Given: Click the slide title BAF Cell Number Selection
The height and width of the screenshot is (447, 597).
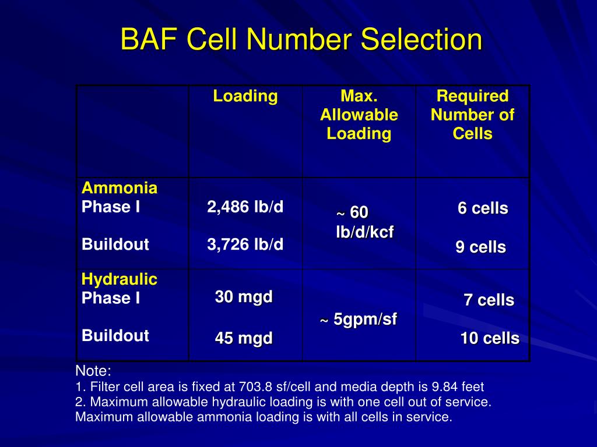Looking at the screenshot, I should click(x=301, y=41).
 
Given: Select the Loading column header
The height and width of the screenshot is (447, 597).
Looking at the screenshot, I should click(x=245, y=96).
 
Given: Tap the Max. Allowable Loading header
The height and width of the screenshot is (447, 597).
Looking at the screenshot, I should click(x=359, y=115).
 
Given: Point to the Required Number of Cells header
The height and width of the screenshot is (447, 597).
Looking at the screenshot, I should click(x=472, y=115).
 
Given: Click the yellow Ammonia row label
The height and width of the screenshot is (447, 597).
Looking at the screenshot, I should click(x=120, y=188).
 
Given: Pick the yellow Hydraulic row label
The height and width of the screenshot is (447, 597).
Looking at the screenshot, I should click(x=120, y=279).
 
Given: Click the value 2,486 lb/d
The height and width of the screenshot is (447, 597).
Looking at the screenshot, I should click(x=245, y=207).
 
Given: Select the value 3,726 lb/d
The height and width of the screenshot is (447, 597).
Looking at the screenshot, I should click(x=245, y=244).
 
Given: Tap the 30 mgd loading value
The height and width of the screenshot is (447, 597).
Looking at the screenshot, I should click(x=244, y=297).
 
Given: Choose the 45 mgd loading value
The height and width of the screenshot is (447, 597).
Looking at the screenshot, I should click(x=244, y=338).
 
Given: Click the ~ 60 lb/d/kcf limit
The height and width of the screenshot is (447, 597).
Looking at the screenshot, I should click(x=364, y=222).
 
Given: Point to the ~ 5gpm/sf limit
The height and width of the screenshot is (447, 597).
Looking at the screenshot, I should click(x=359, y=320).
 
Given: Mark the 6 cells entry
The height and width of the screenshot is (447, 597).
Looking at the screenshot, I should click(x=483, y=208).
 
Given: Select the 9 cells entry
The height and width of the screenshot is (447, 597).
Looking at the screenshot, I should click(x=480, y=247).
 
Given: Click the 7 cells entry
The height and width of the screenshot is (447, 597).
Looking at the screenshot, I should click(x=489, y=300).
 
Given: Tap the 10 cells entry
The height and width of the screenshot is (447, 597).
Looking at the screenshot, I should click(x=490, y=338).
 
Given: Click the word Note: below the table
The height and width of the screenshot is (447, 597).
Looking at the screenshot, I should click(x=93, y=371).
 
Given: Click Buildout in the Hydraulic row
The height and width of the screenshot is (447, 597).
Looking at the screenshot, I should click(x=115, y=336).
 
